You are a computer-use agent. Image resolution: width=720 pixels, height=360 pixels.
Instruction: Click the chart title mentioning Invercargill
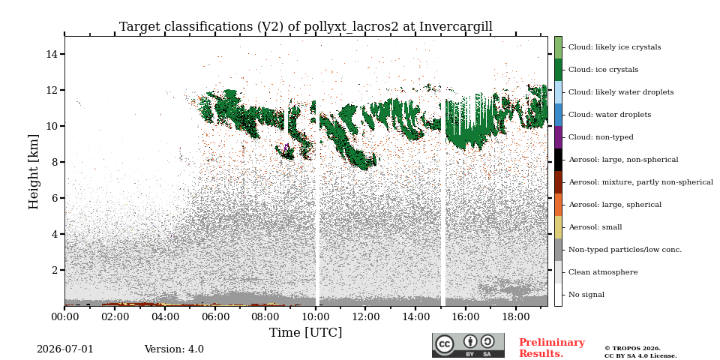click(x=306, y=27)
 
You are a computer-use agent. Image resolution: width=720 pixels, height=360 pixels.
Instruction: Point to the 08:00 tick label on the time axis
click(x=265, y=316)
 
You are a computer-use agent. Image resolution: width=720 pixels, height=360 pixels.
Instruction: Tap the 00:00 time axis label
click(x=64, y=316)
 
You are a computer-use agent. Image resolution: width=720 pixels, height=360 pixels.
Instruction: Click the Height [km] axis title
click(x=34, y=171)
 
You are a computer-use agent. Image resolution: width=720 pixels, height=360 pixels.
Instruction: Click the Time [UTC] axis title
click(x=306, y=332)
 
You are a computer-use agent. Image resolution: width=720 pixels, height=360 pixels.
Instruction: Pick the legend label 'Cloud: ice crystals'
click(x=603, y=70)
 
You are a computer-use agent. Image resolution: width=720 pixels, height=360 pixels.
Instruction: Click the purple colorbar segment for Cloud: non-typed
click(x=558, y=137)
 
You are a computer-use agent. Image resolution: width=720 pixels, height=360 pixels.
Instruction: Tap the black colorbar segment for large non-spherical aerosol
click(x=558, y=160)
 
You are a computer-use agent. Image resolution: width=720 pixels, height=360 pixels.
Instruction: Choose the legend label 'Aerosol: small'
click(x=595, y=227)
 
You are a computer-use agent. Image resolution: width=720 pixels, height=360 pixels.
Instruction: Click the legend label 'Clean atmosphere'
click(x=603, y=272)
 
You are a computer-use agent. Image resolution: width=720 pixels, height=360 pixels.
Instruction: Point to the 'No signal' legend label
click(x=586, y=295)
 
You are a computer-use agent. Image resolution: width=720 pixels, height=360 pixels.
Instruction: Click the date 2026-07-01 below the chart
click(x=65, y=349)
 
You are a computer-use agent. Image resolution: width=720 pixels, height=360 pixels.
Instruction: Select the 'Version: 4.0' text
click(x=174, y=349)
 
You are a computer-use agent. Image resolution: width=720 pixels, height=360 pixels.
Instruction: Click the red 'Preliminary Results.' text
click(x=552, y=348)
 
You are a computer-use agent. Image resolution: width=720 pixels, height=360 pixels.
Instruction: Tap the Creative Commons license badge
click(x=468, y=345)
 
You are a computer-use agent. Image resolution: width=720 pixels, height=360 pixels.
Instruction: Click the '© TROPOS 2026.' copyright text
click(x=632, y=349)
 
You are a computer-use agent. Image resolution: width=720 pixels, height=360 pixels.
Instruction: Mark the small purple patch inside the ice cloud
click(x=286, y=148)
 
